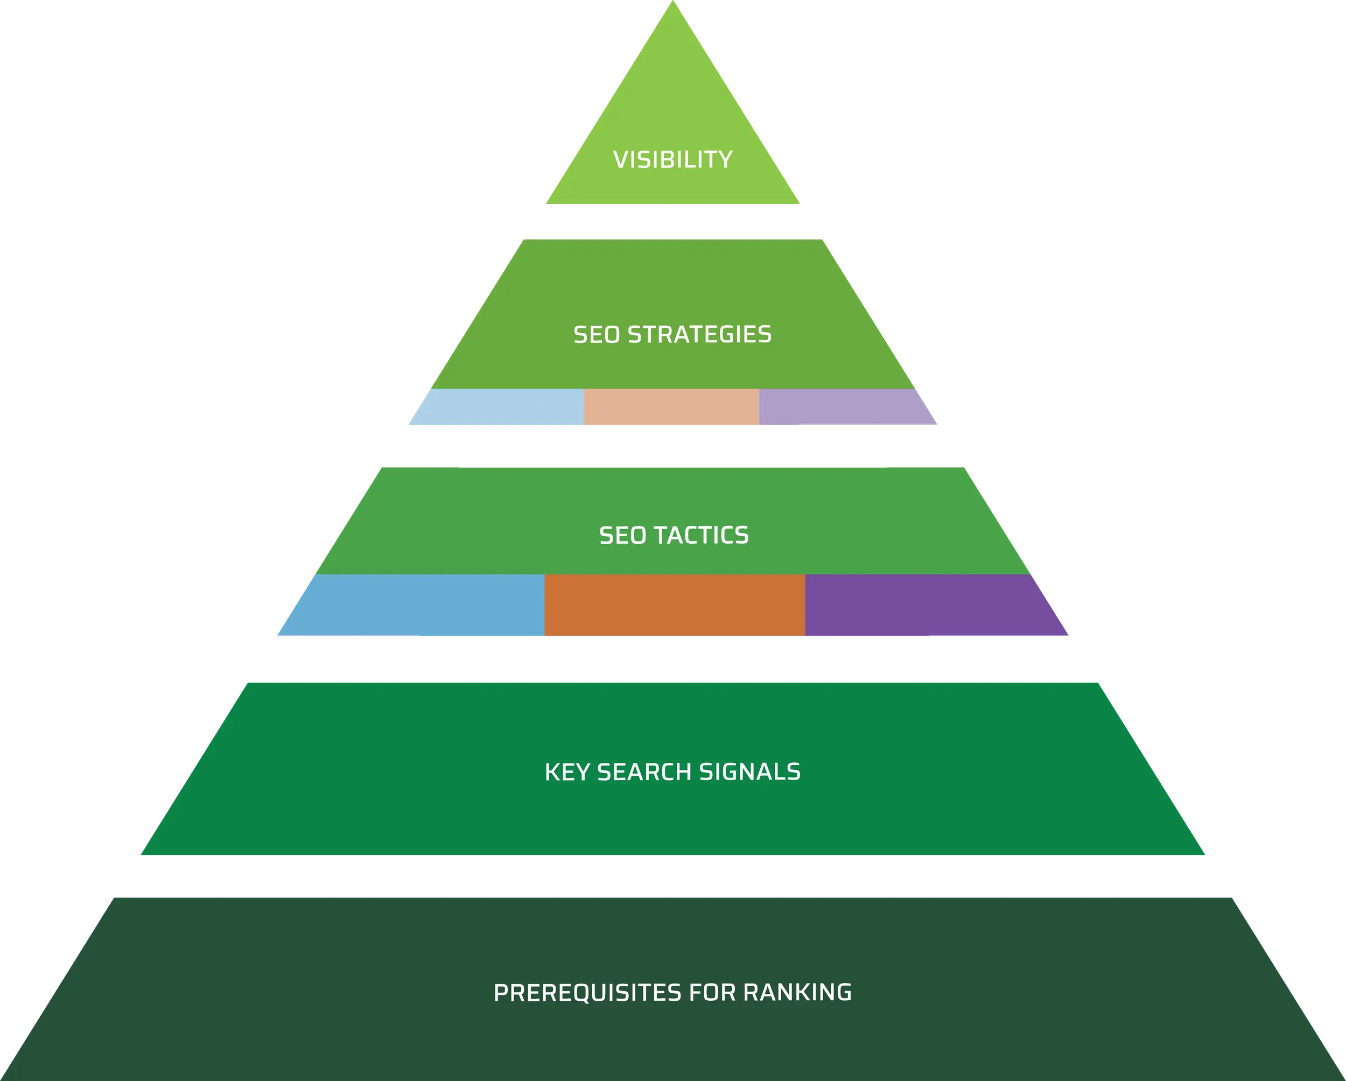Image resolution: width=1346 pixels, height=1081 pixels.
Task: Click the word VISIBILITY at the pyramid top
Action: pyautogui.click(x=672, y=160)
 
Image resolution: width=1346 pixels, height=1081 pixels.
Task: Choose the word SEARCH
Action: pyautogui.click(x=644, y=772)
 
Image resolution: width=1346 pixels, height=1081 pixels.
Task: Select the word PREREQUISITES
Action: pyautogui.click(x=587, y=992)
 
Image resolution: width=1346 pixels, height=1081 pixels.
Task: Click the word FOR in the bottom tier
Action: pyautogui.click(x=712, y=992)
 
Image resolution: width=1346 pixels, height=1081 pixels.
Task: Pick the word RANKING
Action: pyautogui.click(x=797, y=992)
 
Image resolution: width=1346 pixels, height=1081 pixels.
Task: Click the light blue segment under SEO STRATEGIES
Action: pyautogui.click(x=500, y=408)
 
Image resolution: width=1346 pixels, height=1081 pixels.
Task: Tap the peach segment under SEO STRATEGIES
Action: pyautogui.click(x=671, y=408)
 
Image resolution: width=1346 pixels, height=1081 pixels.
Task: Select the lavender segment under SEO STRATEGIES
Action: pyautogui.click(x=843, y=408)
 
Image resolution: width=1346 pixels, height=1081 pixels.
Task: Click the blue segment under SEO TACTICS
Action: pyautogui.click(x=418, y=606)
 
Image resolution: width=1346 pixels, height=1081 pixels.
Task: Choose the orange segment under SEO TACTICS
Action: pyautogui.click(x=674, y=606)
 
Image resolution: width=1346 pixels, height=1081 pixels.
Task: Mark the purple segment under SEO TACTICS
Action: pyautogui.click(x=930, y=606)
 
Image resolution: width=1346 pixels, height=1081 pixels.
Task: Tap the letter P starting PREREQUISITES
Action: pyautogui.click(x=501, y=992)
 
